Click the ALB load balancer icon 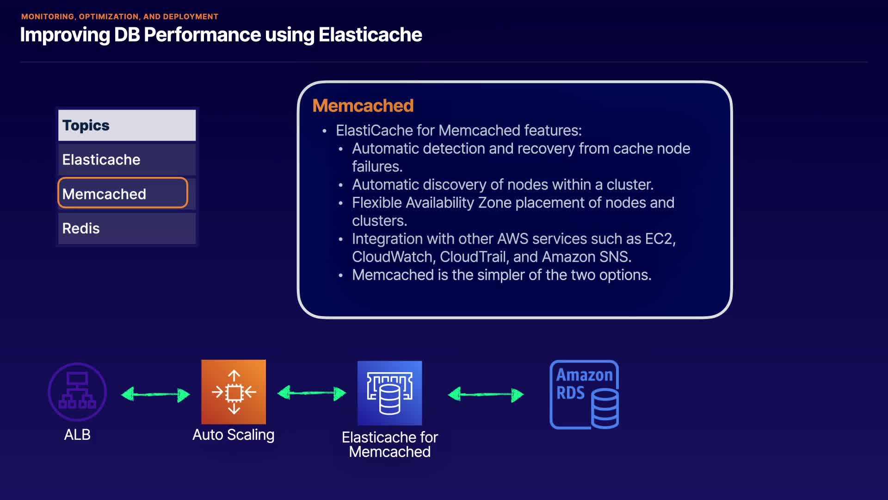[77, 392]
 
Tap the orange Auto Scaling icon [234, 392]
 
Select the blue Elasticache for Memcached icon [389, 393]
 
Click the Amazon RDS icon [584, 394]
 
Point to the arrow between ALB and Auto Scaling [155, 394]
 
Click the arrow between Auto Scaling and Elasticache [312, 393]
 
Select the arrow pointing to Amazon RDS [486, 394]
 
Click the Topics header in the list [86, 125]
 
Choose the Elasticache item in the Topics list [101, 160]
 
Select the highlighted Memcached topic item [104, 194]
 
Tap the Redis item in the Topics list [81, 228]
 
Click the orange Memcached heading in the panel [363, 106]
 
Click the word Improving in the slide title [65, 35]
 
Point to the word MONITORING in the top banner [48, 17]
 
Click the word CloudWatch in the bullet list [392, 257]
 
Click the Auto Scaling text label [234, 435]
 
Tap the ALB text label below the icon [77, 435]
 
